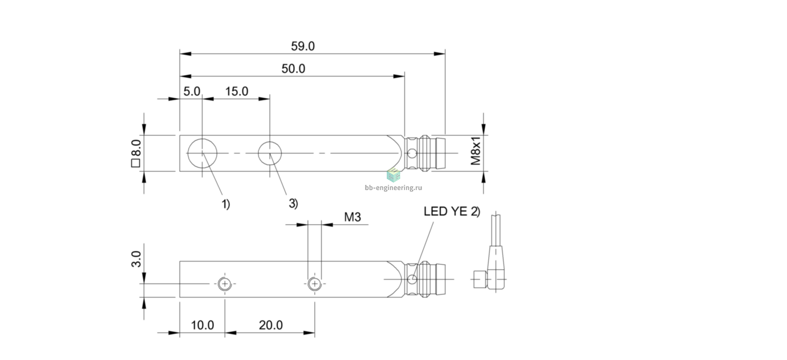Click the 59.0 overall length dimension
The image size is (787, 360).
coord(303,46)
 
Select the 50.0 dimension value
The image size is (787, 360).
coord(293,68)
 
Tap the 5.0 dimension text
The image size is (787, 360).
coord(192,91)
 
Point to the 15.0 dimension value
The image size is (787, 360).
coord(237,91)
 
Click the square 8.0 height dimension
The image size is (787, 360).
coord(136,153)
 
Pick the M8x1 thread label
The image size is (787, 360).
coord(476,151)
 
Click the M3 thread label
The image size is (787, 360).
coord(352,217)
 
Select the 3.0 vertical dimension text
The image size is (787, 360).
coord(136,259)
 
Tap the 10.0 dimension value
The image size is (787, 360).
coord(202,325)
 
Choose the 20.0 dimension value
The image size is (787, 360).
coord(271,325)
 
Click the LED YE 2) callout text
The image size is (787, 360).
coord(452,211)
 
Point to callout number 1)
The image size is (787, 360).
coord(226,204)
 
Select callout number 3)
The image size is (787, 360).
coord(293,203)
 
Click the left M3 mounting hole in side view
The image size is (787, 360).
coord(225,284)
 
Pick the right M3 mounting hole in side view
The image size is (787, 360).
coord(315,284)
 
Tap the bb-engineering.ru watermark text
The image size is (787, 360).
coord(393,188)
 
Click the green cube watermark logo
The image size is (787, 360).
coord(393,175)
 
